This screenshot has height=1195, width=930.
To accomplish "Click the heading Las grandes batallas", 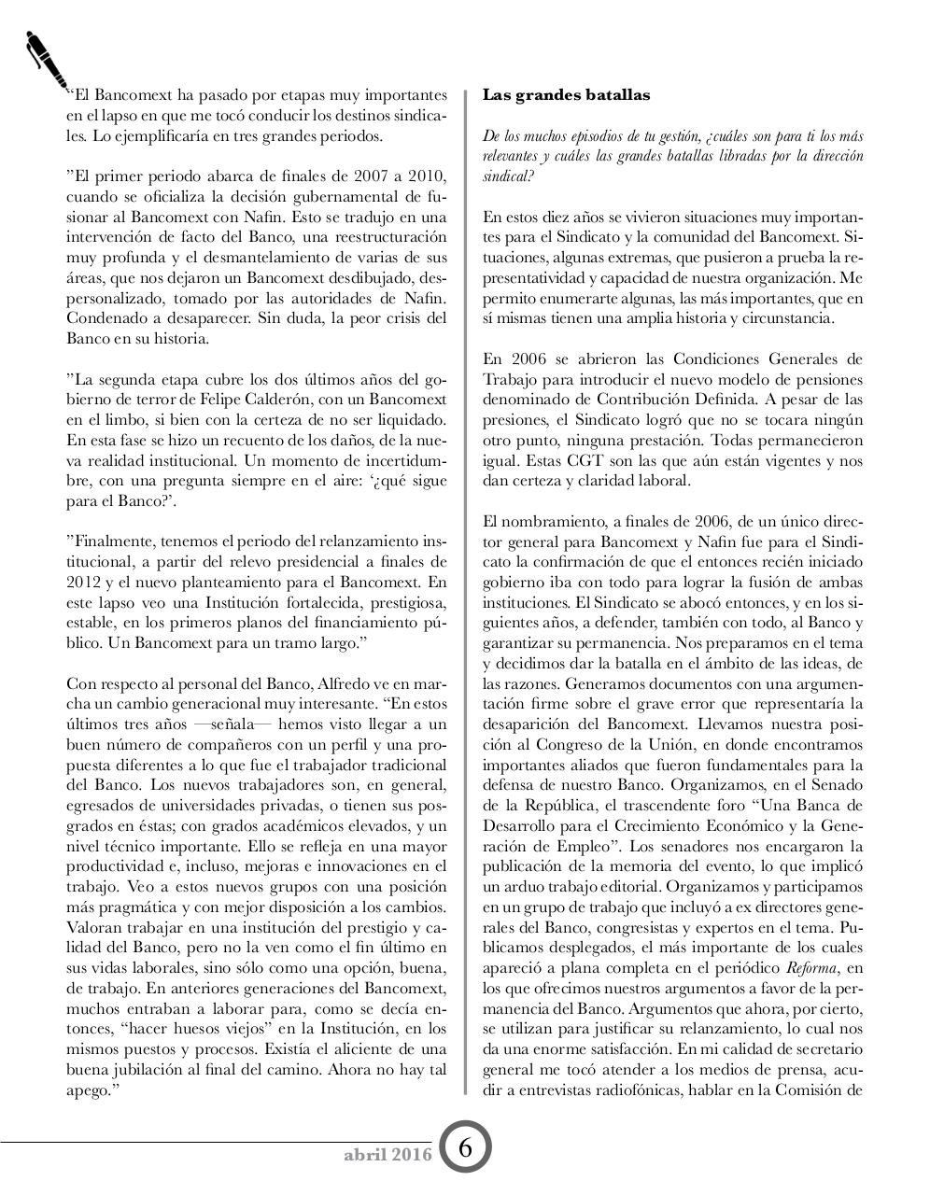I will pyautogui.click(x=566, y=95).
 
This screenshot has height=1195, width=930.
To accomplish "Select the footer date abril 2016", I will pyautogui.click(x=387, y=1154).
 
